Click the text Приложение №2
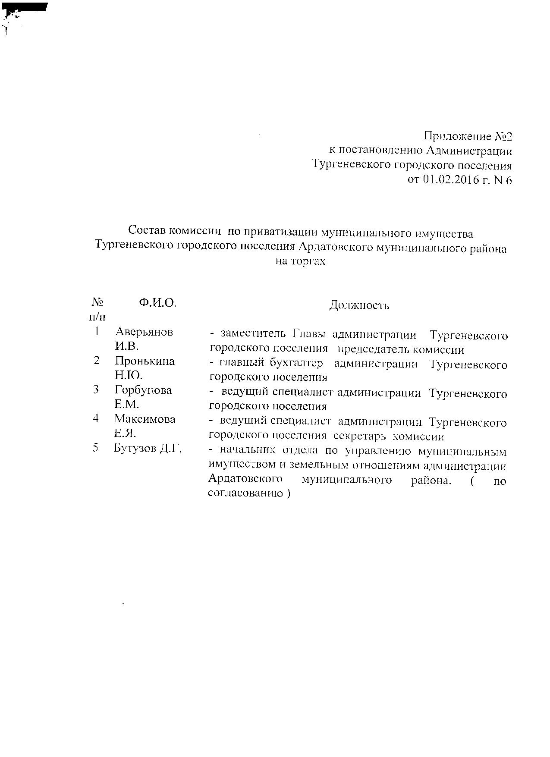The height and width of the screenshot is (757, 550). (468, 137)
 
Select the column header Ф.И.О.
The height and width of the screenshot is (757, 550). (157, 303)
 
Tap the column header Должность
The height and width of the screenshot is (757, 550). (359, 305)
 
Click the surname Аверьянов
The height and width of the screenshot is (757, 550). (144, 332)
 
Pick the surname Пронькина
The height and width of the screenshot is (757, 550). (145, 361)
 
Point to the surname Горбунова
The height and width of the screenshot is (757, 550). (143, 390)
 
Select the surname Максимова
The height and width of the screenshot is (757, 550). (145, 419)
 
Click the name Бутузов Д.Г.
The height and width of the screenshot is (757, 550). (148, 449)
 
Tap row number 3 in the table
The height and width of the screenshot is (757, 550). (96, 389)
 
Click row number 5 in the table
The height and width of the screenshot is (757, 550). (96, 448)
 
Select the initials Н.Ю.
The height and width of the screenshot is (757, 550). (128, 375)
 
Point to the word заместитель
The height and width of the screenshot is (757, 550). (253, 335)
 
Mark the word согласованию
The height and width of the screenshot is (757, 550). (244, 493)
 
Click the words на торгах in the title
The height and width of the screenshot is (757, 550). (300, 261)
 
